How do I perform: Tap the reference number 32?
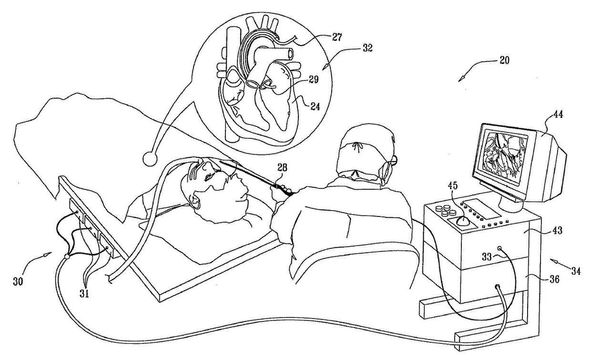pos(367,48)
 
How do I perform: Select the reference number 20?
pos(504,60)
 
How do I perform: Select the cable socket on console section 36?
pos(498,287)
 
